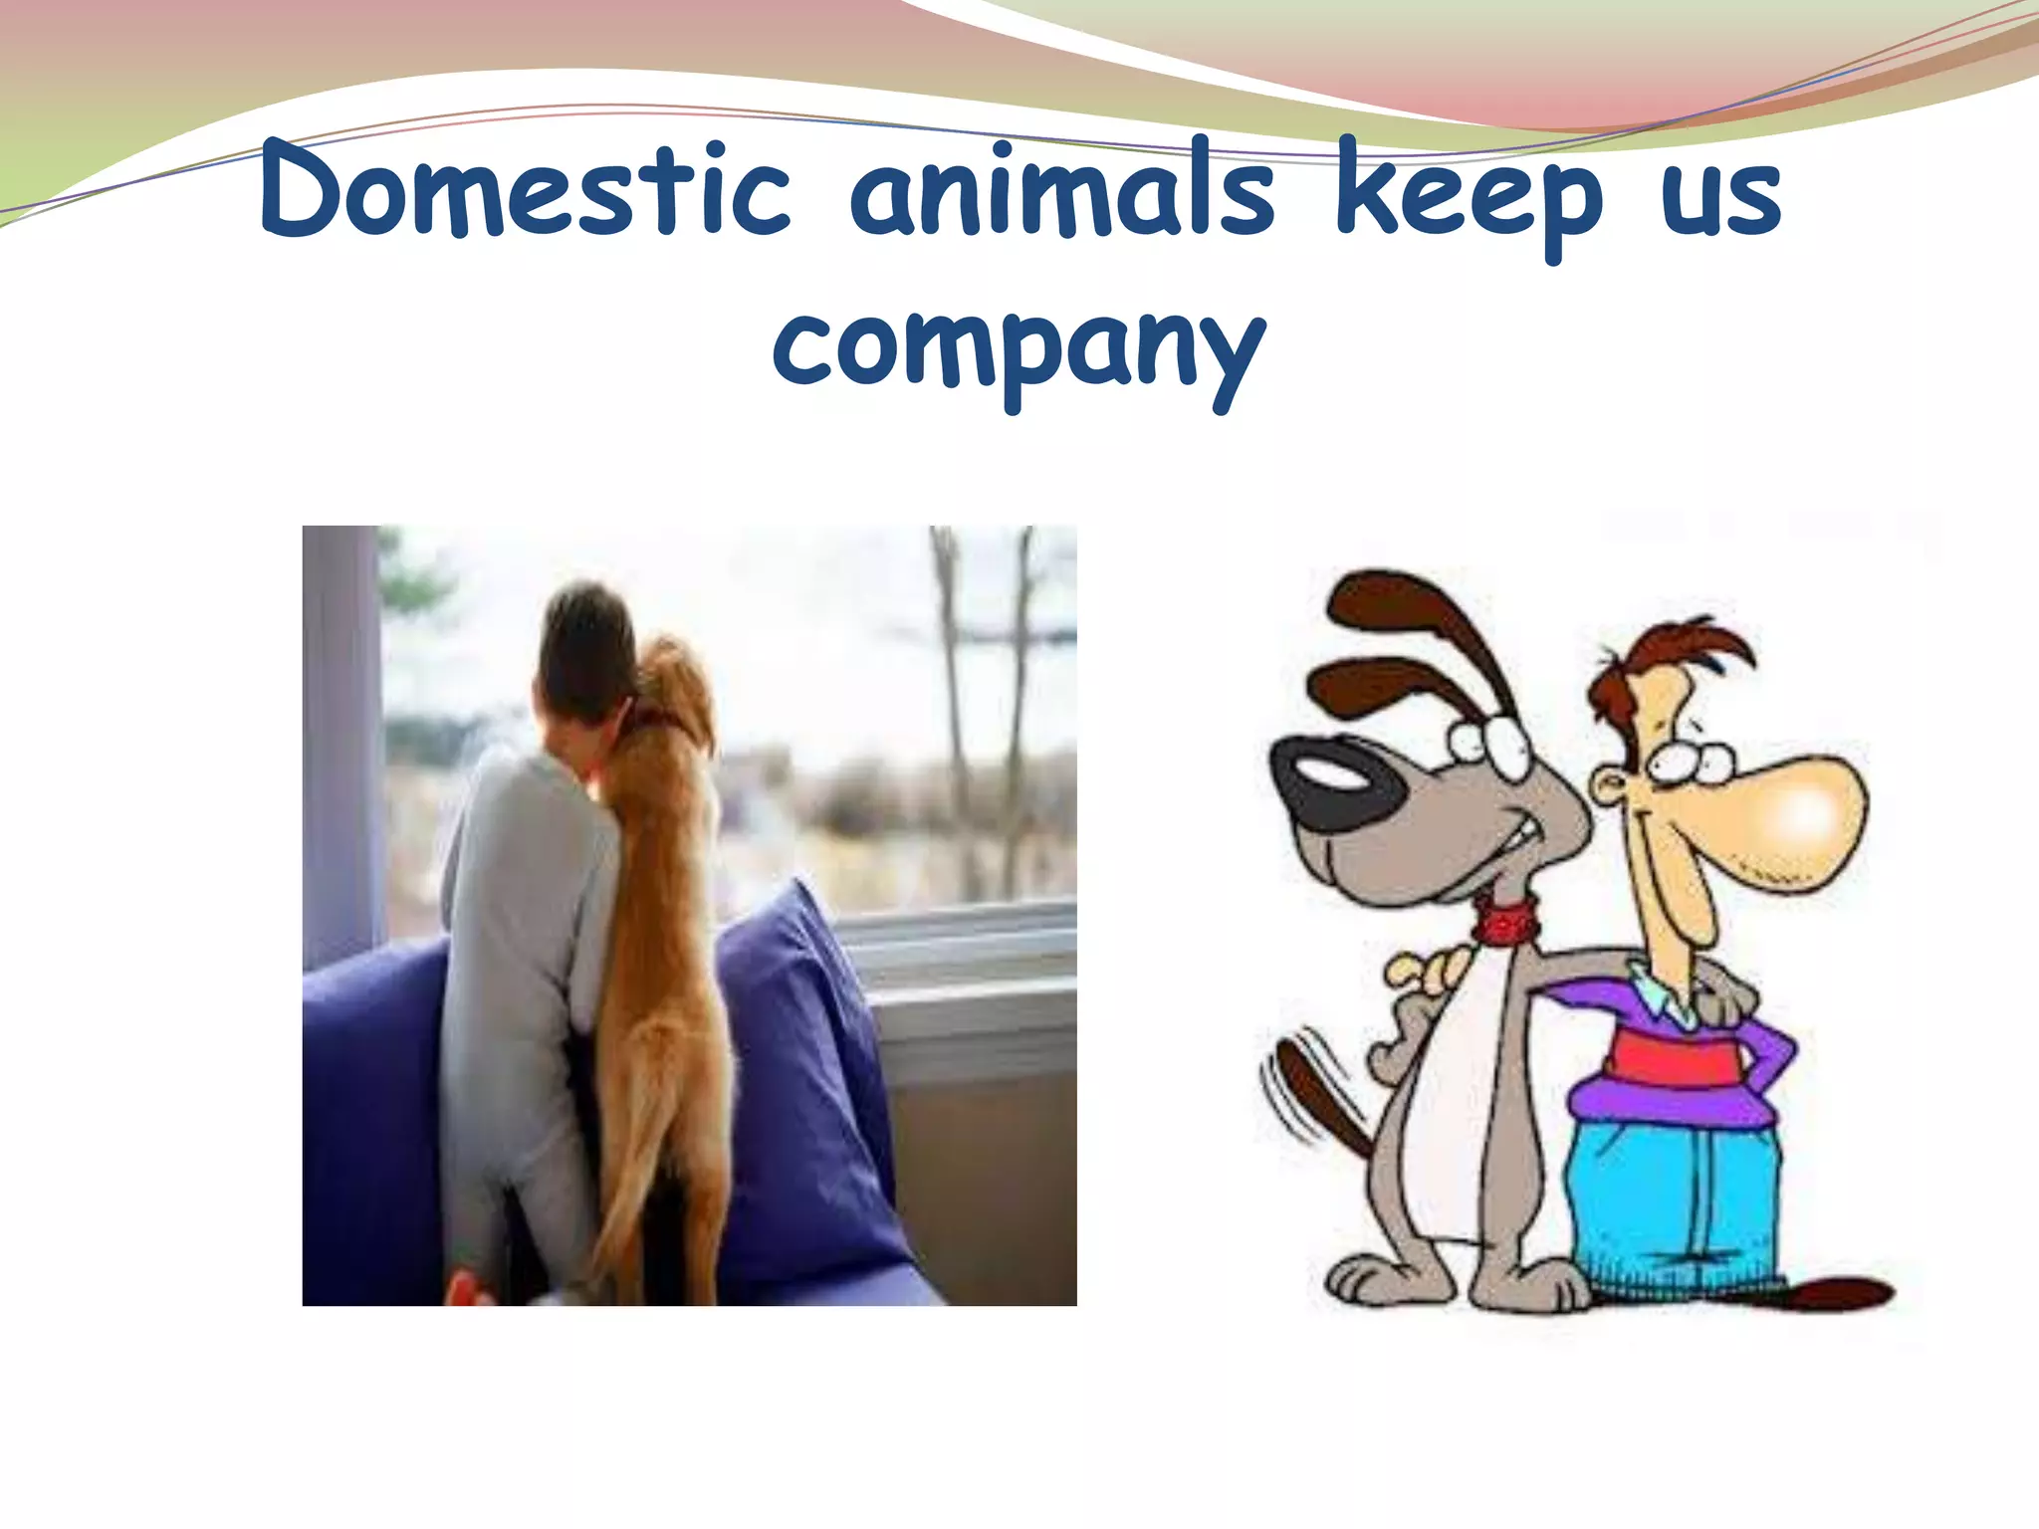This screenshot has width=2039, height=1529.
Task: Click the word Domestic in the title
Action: (525, 191)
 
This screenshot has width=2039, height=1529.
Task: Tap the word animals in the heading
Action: (1061, 191)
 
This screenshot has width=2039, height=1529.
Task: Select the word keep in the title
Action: (1468, 194)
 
